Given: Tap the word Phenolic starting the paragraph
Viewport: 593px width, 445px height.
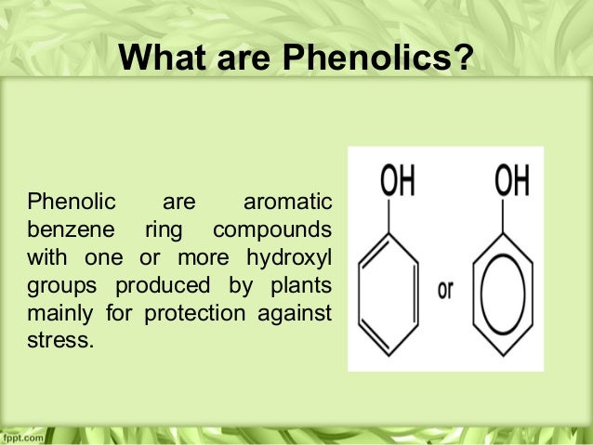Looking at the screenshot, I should pos(71,201).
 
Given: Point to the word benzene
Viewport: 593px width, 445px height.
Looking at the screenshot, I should pos(70,229).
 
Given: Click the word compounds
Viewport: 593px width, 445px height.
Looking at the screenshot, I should pos(271,229).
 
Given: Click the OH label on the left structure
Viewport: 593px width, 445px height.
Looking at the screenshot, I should pos(397,181).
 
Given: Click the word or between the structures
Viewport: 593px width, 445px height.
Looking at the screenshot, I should pos(444,290).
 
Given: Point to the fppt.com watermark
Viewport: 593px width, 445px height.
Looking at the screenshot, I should pos(20,436).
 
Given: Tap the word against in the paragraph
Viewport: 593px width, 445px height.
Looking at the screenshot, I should pos(294,311).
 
